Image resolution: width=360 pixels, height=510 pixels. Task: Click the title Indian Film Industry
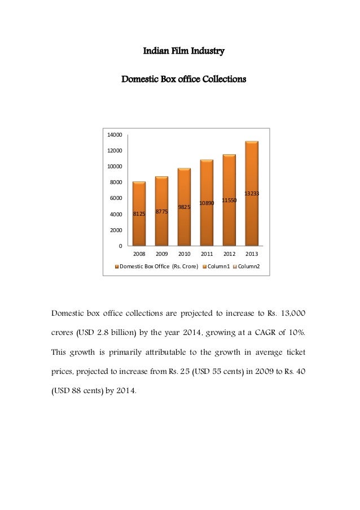(184, 52)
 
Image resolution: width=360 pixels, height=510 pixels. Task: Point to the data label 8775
(161, 211)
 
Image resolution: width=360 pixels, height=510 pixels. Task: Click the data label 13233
(252, 194)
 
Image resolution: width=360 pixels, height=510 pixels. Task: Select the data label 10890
(207, 203)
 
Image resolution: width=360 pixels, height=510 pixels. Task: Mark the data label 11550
(229, 200)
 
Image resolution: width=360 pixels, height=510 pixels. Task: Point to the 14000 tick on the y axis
(115, 135)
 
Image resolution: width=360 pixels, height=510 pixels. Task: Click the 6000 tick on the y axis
(116, 198)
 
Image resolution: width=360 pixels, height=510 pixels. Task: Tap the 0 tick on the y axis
(120, 246)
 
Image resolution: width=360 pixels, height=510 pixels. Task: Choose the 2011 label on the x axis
(207, 254)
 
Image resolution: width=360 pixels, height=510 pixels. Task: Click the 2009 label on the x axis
(161, 254)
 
